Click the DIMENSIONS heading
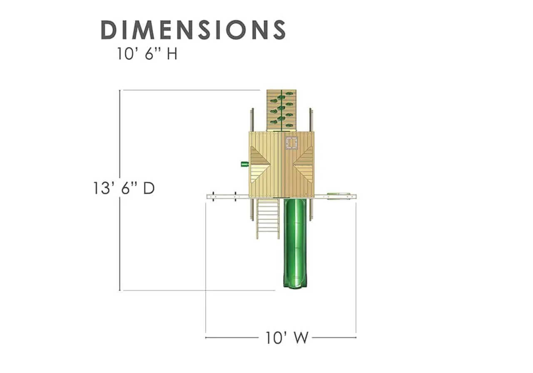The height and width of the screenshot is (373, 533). click(x=193, y=30)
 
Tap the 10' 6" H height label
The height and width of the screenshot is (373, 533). click(x=147, y=54)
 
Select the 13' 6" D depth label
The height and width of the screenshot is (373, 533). click(x=124, y=188)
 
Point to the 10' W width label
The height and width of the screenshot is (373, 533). click(x=287, y=338)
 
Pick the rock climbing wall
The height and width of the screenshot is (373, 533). click(x=281, y=110)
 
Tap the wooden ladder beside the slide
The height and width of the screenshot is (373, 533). click(x=268, y=219)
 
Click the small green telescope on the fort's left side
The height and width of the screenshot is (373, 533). click(x=245, y=164)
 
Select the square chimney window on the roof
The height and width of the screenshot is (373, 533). click(x=291, y=143)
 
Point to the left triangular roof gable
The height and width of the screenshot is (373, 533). click(x=259, y=164)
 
